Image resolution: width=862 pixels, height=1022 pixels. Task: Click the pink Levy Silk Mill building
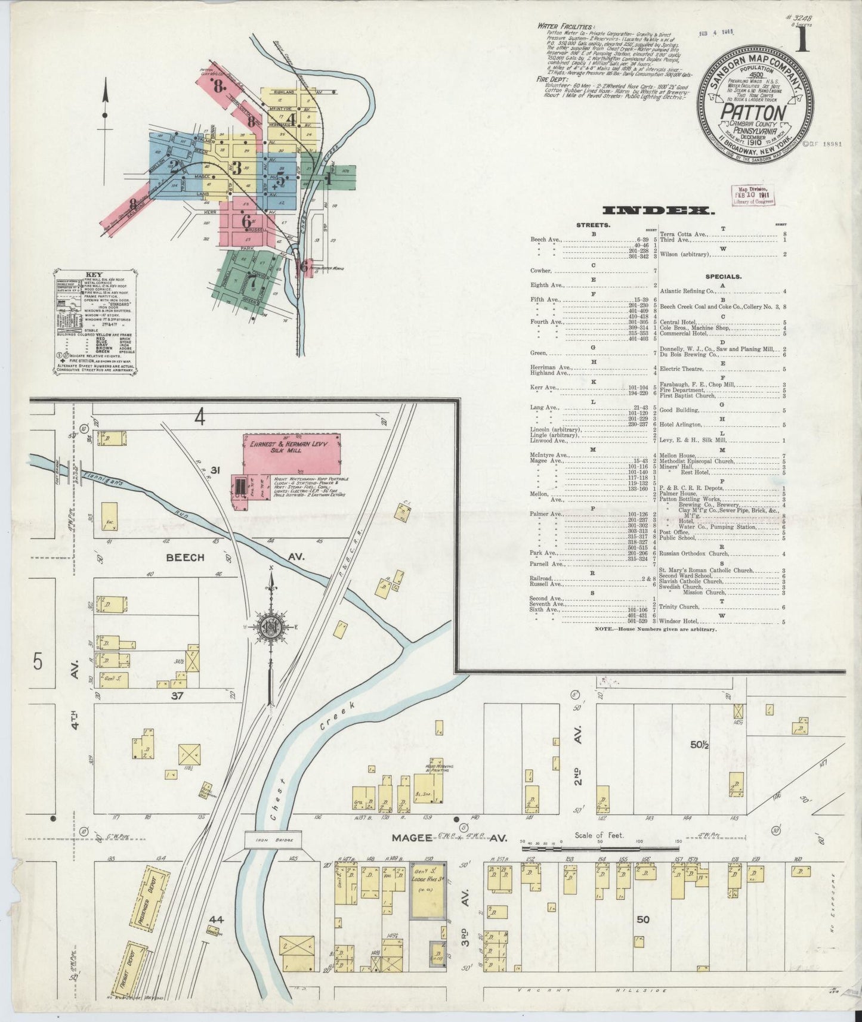click(292, 456)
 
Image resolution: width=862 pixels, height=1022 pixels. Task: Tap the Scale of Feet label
click(600, 835)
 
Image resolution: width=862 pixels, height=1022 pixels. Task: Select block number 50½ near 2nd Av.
click(698, 744)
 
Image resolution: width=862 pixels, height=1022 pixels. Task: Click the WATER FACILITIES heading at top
click(566, 27)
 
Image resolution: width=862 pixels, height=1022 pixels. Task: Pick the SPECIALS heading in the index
click(722, 277)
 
